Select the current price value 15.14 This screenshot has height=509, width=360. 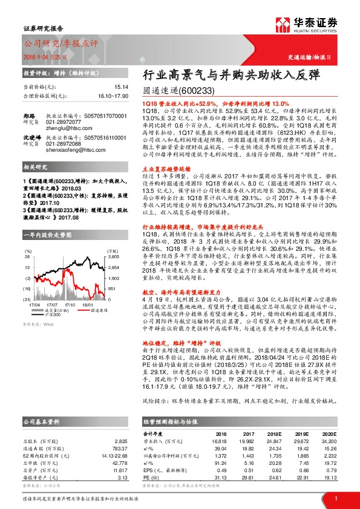(122, 87)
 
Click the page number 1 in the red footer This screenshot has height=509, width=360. (336, 498)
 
